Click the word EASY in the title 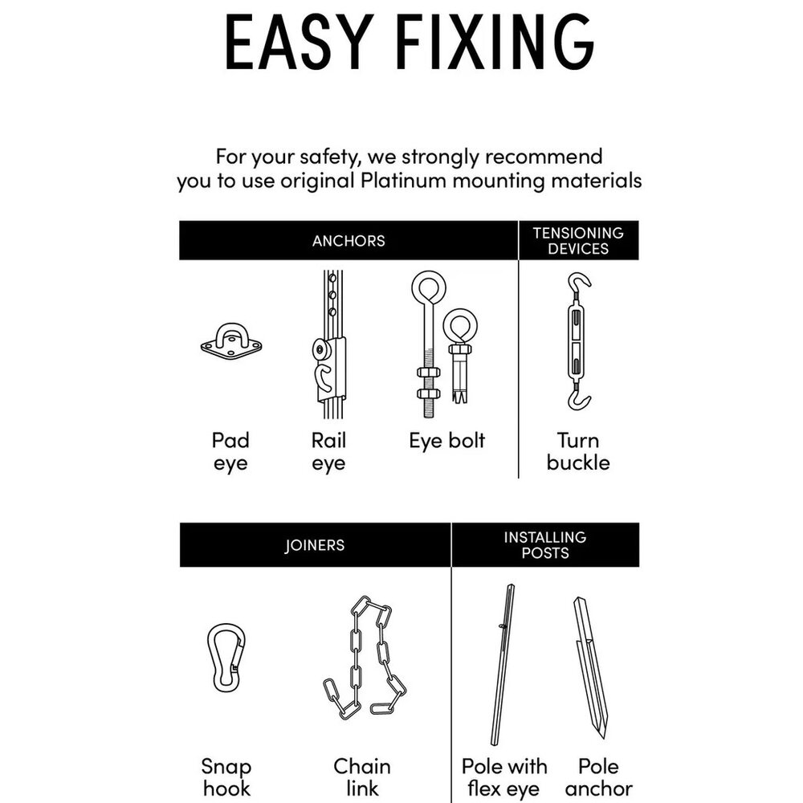click(x=299, y=42)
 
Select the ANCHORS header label click(x=349, y=241)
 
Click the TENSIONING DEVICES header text click(x=578, y=241)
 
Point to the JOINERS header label click(x=315, y=545)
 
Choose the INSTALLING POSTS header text click(x=545, y=545)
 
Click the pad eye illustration click(x=231, y=341)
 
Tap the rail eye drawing click(x=329, y=344)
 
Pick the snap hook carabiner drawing click(x=226, y=658)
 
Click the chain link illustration click(x=365, y=658)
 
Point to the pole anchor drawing click(x=590, y=668)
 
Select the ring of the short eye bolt click(x=460, y=326)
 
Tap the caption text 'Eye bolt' click(x=446, y=441)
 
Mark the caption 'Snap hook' click(x=226, y=777)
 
